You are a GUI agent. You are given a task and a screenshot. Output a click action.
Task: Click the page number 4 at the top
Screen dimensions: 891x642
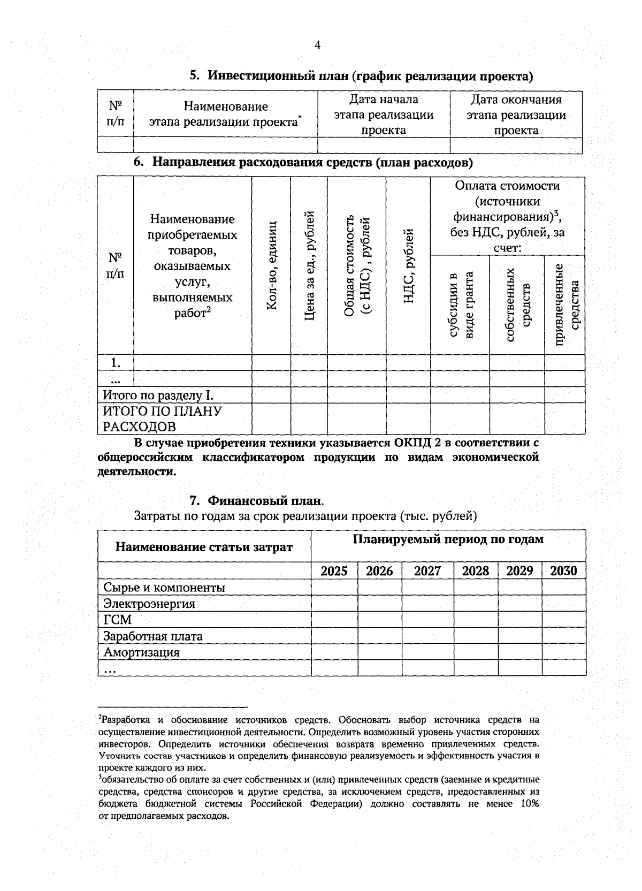(x=317, y=45)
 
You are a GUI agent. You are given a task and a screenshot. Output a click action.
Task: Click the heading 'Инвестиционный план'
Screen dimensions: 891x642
(x=278, y=76)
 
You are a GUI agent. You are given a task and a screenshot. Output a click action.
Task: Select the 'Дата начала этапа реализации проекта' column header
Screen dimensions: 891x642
(x=383, y=115)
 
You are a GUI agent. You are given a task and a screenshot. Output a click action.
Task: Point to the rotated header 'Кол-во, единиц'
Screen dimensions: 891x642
(x=271, y=264)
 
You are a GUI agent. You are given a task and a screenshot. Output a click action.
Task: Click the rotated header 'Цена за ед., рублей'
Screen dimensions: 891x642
(x=309, y=264)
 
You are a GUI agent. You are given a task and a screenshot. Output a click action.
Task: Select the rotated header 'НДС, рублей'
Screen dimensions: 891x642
(x=408, y=264)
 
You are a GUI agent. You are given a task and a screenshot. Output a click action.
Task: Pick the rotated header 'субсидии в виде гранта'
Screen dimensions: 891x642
(x=460, y=304)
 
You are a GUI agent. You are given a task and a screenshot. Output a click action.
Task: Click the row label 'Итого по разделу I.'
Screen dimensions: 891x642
(x=158, y=395)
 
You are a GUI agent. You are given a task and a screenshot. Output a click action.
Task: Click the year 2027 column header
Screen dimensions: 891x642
(x=427, y=571)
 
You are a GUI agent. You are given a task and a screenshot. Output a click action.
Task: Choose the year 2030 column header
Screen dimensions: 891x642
(x=563, y=571)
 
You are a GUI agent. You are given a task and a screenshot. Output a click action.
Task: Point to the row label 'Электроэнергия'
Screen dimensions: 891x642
(x=149, y=604)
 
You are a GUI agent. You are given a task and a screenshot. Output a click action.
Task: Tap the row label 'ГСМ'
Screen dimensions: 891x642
(x=117, y=620)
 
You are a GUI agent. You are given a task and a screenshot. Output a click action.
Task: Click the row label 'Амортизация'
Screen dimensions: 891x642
(x=141, y=652)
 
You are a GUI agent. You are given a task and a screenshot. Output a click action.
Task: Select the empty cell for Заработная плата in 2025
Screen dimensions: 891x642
(x=334, y=636)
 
